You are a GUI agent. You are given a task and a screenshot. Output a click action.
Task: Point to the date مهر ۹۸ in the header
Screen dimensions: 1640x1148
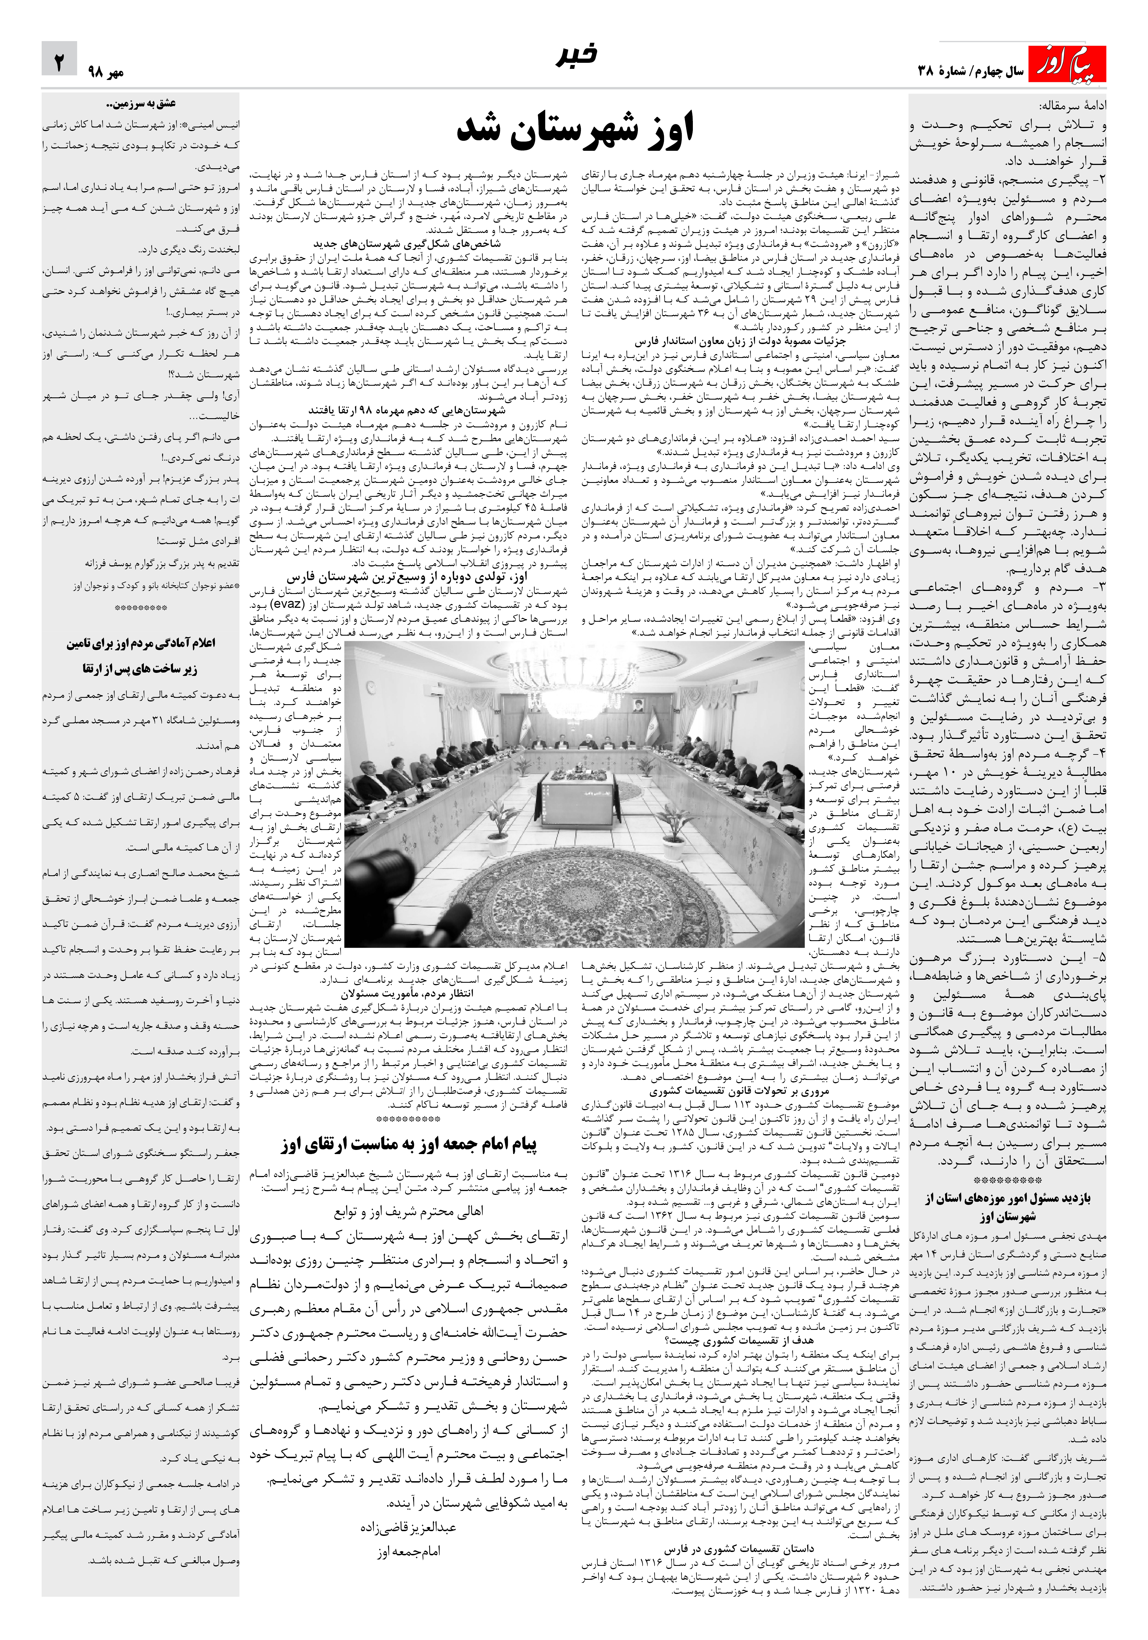point(106,71)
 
